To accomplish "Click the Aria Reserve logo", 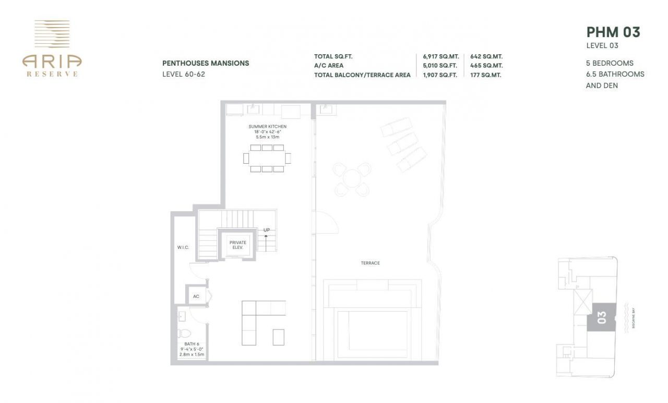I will point(52,48).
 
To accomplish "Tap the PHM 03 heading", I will point(613,32).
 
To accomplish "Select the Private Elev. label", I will point(237,245).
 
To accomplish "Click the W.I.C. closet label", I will point(183,247).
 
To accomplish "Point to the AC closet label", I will point(196,296).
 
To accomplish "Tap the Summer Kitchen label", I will point(267,127).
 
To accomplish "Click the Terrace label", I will point(370,263).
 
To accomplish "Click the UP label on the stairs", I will point(266,230).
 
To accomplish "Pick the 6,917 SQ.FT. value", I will point(440,56).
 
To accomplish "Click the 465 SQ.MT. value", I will point(486,66).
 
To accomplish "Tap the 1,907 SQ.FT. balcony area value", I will point(440,75).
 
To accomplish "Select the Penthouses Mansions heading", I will point(206,63).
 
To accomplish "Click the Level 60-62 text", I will point(184,74).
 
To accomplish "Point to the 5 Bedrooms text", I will point(610,63).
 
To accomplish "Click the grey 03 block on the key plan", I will point(601,316).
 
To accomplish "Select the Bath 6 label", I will point(192,344).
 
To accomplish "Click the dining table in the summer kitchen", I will point(268,158).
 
